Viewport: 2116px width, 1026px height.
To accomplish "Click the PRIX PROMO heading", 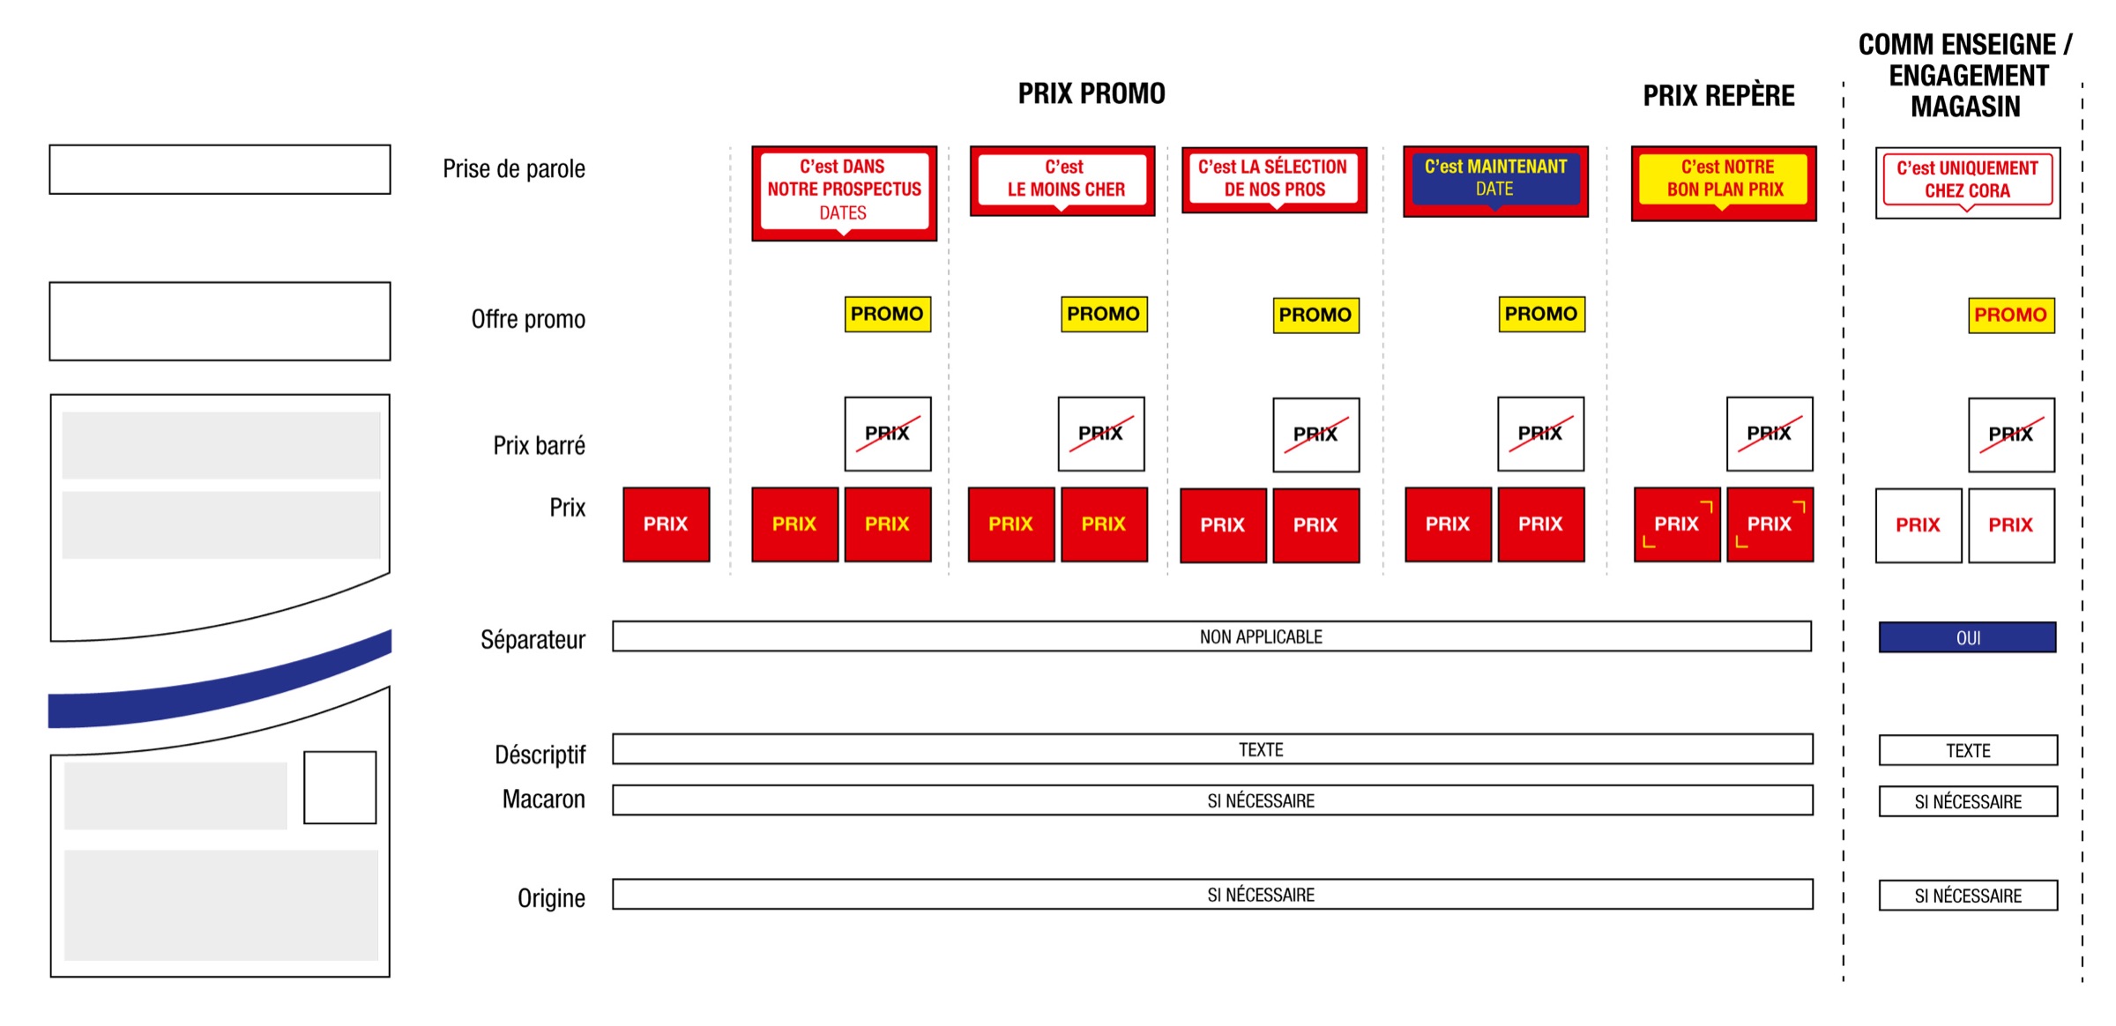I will (1092, 93).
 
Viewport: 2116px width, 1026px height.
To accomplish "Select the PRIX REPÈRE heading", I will (1718, 95).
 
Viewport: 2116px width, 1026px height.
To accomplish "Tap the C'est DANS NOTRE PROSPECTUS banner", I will (844, 191).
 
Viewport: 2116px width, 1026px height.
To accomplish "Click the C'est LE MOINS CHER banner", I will (1062, 180).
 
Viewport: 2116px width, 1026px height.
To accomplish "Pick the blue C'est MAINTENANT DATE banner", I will (1495, 180).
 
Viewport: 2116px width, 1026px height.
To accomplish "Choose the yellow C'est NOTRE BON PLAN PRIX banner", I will (1724, 181).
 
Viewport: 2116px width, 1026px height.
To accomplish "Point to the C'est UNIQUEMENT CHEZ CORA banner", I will (1967, 182).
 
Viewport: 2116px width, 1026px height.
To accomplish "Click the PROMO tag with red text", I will (2011, 316).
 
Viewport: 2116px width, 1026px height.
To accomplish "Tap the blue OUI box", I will (1967, 637).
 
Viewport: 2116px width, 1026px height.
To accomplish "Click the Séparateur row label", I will (533, 639).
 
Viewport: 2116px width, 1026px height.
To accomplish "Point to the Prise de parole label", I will (514, 168).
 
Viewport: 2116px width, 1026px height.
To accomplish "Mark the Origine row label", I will (551, 898).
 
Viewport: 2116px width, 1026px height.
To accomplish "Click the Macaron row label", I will (543, 799).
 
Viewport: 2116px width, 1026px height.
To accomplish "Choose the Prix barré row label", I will (539, 445).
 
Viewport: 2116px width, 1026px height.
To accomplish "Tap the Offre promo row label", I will (528, 319).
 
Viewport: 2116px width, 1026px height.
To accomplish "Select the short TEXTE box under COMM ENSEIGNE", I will (1968, 750).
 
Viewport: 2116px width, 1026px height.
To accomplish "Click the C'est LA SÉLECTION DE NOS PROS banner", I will (1274, 179).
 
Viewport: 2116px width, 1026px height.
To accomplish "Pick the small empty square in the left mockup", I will (339, 787).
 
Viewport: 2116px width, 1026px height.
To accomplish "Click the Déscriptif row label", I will (540, 755).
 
